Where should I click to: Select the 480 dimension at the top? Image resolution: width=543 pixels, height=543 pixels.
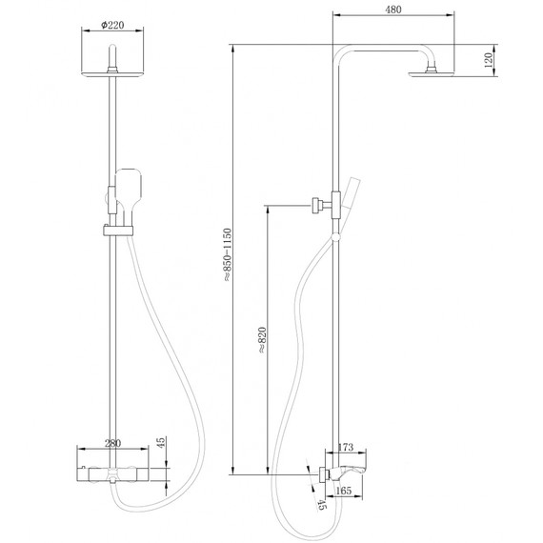coord(393,9)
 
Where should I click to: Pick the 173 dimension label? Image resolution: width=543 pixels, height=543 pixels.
coord(346,446)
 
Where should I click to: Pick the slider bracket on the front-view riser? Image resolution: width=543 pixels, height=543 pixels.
coord(114,230)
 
